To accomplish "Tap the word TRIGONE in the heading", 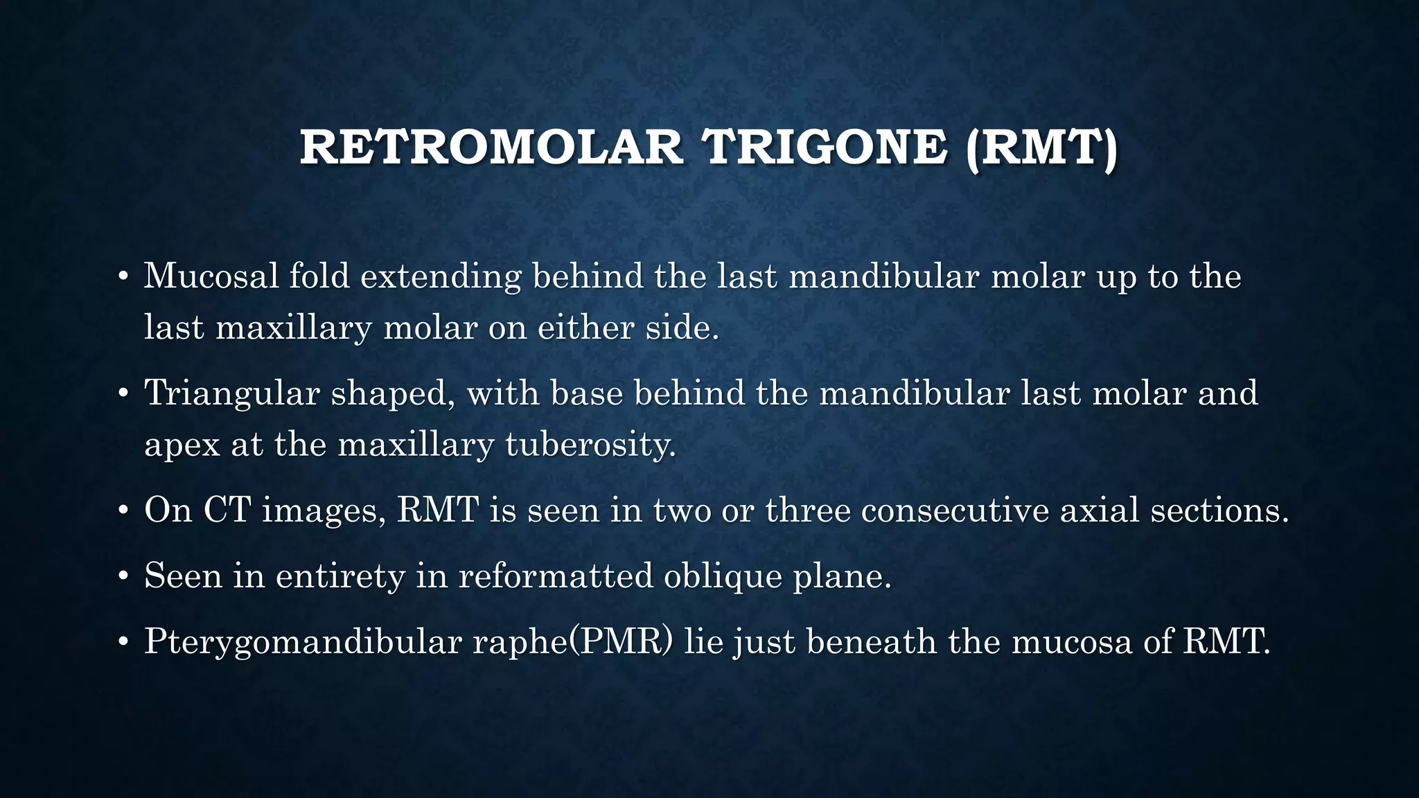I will (824, 148).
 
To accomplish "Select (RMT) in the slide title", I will (1041, 148).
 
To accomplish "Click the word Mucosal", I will (211, 276).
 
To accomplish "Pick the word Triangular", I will (231, 393).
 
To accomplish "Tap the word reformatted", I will (555, 575).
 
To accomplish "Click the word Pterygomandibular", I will (303, 642).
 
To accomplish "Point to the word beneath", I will (872, 641).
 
